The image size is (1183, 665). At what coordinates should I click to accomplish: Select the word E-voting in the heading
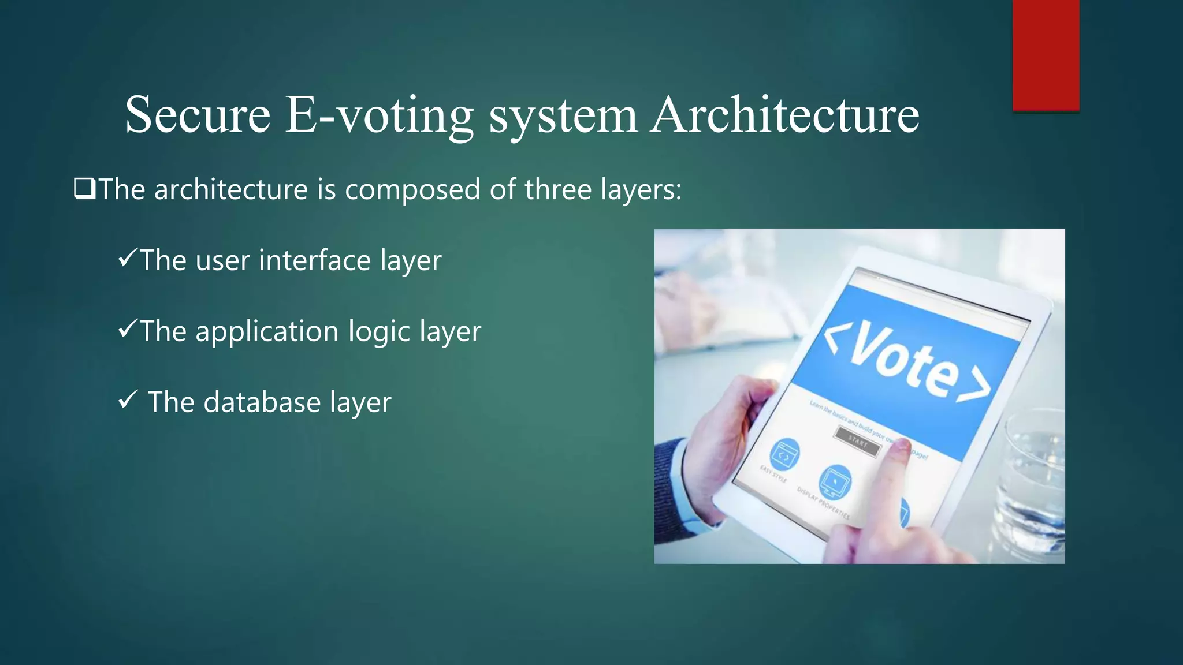pos(379,115)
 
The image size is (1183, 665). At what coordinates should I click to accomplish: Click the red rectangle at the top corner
pos(1046,55)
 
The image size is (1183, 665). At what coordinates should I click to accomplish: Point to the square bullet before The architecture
pos(84,189)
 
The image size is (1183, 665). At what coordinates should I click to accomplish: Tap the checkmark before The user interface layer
pos(127,257)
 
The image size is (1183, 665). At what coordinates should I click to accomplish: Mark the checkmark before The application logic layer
pos(127,328)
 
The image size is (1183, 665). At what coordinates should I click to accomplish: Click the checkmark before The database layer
pos(127,399)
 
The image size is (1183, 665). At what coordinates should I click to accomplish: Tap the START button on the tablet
pos(858,442)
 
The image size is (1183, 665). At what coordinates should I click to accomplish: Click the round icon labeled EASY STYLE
pos(785,454)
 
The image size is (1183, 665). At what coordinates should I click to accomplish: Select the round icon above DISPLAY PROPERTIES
pos(835,481)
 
